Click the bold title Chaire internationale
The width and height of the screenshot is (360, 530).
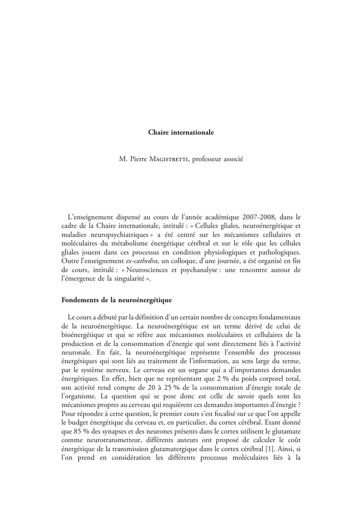pos(181,132)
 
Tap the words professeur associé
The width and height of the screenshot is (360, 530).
pos(217,158)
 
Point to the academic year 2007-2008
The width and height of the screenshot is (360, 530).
pos(259,215)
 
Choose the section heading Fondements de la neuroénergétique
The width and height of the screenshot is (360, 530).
pos(116,299)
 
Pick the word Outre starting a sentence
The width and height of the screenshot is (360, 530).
pos(71,259)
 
